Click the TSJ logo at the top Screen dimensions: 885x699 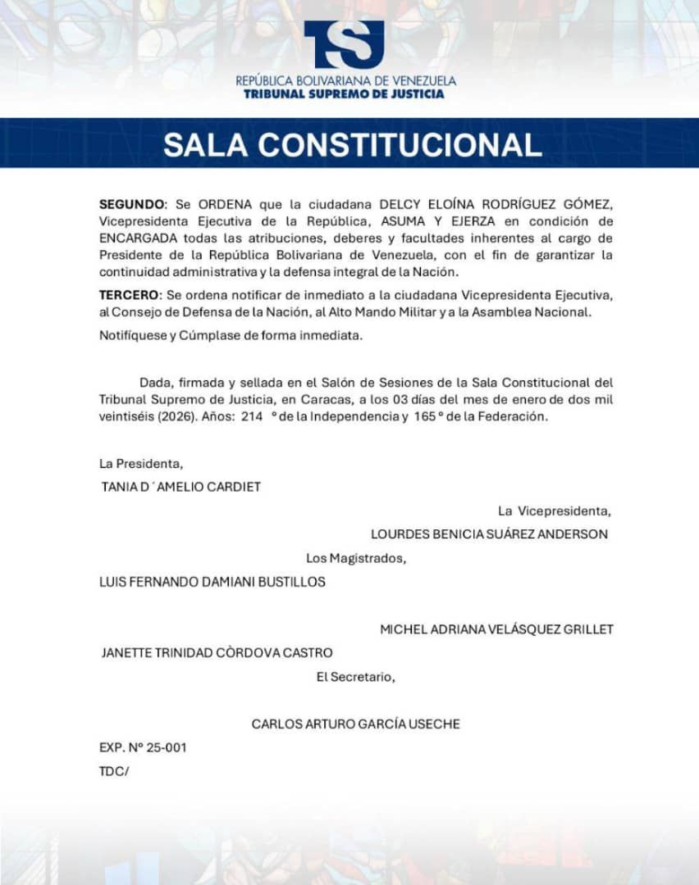click(344, 44)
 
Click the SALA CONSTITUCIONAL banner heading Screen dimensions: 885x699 click(352, 144)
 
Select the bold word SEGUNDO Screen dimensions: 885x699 click(132, 204)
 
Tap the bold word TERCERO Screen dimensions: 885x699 click(130, 295)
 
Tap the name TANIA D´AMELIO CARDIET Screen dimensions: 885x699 click(180, 487)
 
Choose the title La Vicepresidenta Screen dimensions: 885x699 click(554, 511)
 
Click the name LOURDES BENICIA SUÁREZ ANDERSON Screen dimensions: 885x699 click(489, 534)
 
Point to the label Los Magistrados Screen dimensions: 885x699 click(356, 559)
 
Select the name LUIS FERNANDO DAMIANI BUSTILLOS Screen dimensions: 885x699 click(212, 582)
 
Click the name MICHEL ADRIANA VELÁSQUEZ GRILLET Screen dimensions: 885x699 click(496, 629)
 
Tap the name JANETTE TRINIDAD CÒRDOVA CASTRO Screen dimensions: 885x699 click(217, 653)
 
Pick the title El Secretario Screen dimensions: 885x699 click(356, 677)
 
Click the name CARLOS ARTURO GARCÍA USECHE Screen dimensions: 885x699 click(355, 724)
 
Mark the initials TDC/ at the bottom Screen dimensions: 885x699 click(114, 770)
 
